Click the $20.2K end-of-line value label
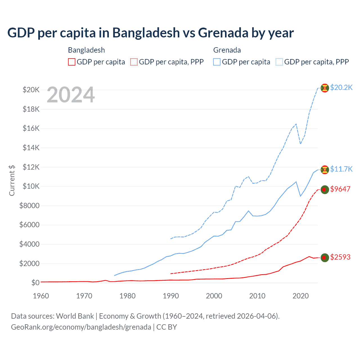pyautogui.click(x=341, y=88)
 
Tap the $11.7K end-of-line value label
pyautogui.click(x=341, y=169)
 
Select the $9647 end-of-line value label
pyautogui.click(x=340, y=189)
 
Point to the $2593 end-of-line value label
pyautogui.click(x=340, y=257)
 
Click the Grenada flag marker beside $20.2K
pyautogui.click(x=325, y=88)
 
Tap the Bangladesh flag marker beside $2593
pyautogui.click(x=325, y=257)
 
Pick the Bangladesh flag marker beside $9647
pyautogui.click(x=325, y=190)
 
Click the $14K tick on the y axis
pyautogui.click(x=31, y=148)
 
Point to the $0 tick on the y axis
pyautogui.click(x=35, y=283)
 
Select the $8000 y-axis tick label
pyautogui.click(x=30, y=206)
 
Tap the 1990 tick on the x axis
pyautogui.click(x=171, y=296)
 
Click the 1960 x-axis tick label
pyautogui.click(x=41, y=296)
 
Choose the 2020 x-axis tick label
pyautogui.click(x=301, y=296)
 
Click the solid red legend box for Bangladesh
pyautogui.click(x=72, y=62)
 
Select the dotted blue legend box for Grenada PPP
pyautogui.click(x=279, y=62)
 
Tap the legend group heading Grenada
pyautogui.click(x=227, y=50)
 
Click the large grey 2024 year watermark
pyautogui.click(x=71, y=95)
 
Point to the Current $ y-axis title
pyautogui.click(x=12, y=180)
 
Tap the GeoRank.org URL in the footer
pyautogui.click(x=81, y=327)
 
